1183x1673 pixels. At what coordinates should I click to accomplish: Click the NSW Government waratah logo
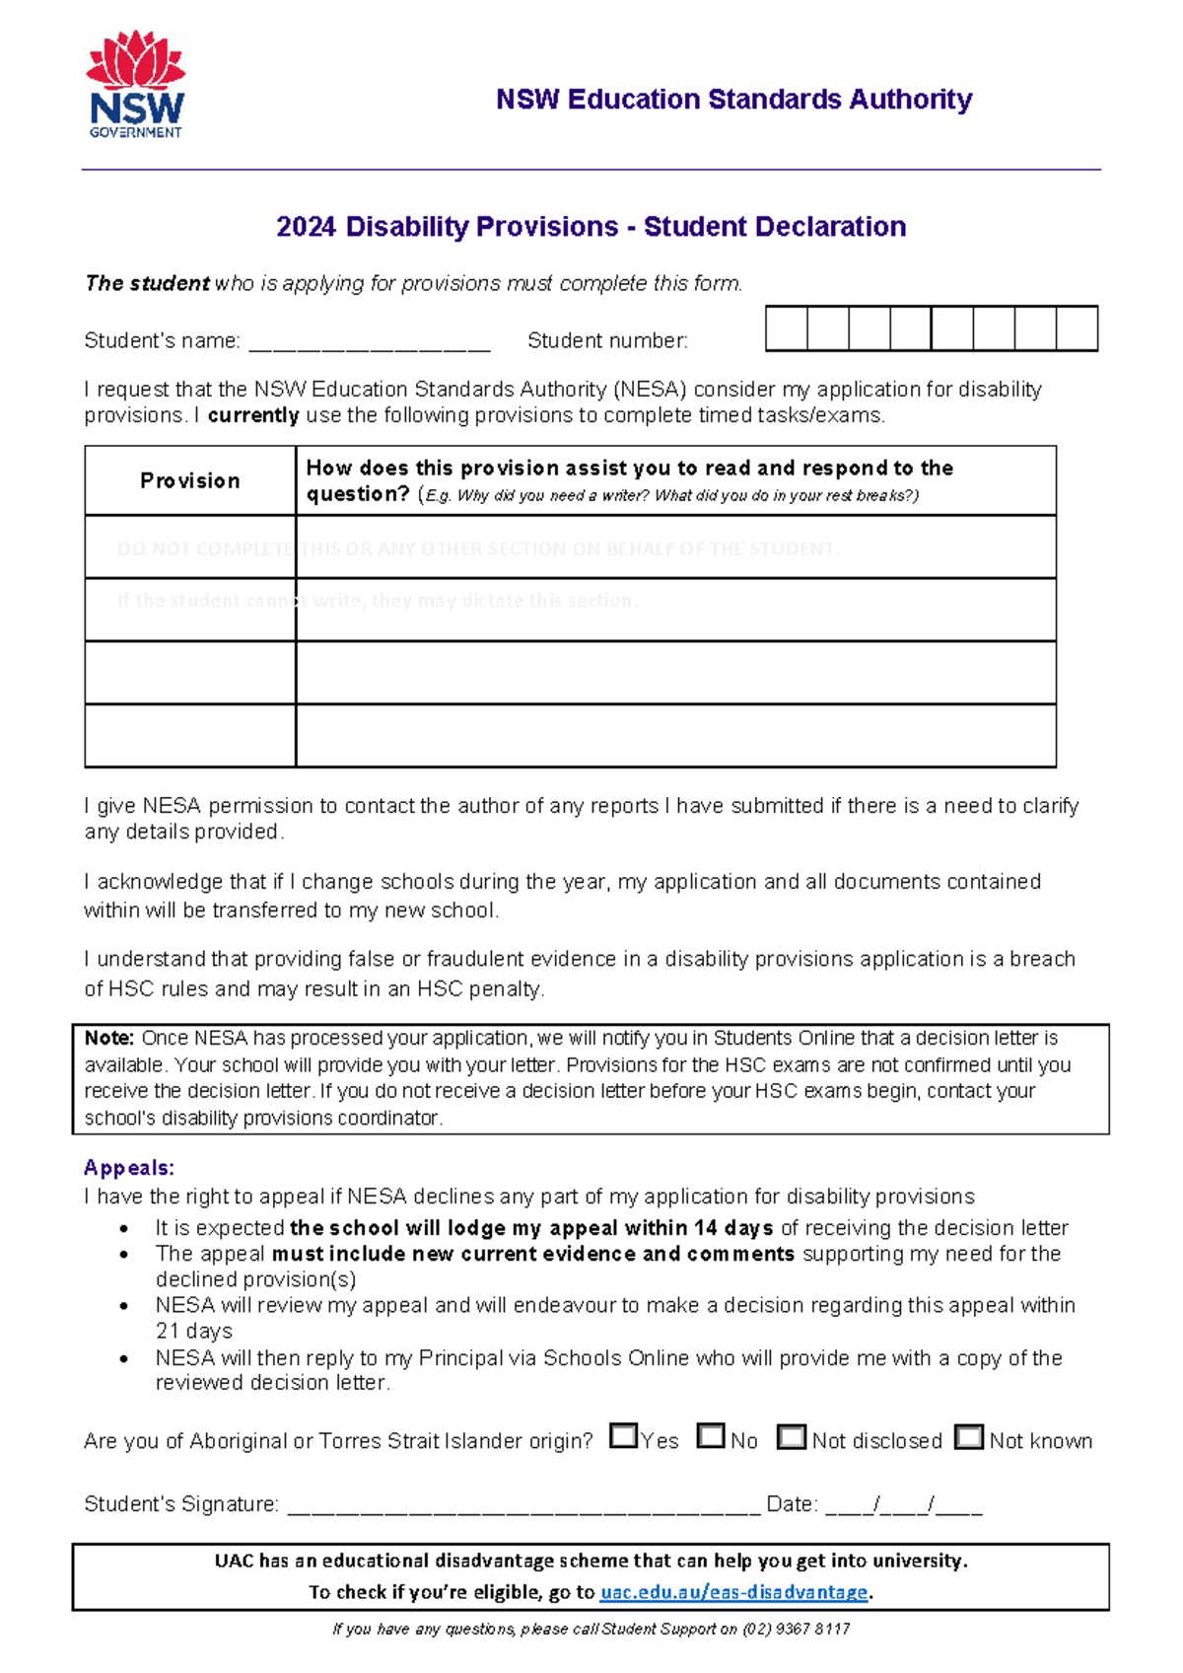(x=135, y=84)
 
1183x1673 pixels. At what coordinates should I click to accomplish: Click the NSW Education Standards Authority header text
(x=733, y=99)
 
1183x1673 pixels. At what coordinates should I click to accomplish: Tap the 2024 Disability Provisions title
(x=591, y=227)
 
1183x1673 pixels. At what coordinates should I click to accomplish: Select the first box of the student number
(x=787, y=328)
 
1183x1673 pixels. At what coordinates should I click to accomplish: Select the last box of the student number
(x=1077, y=328)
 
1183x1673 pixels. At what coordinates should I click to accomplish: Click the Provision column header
(x=190, y=480)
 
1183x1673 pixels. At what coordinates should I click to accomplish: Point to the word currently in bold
(x=253, y=415)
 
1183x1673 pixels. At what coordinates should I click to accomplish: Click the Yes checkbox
(x=623, y=1436)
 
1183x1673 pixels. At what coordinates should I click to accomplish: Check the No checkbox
(x=710, y=1436)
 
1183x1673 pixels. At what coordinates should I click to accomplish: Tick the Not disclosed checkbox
(x=791, y=1437)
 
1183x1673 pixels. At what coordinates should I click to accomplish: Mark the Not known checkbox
(x=969, y=1437)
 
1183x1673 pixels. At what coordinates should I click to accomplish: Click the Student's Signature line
(x=522, y=1506)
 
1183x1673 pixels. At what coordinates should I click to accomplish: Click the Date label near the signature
(x=791, y=1504)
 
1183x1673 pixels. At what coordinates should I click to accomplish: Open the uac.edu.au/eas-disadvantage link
(x=734, y=1592)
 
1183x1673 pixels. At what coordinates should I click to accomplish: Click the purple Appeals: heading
(x=129, y=1168)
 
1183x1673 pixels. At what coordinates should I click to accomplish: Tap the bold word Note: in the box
(x=108, y=1038)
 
